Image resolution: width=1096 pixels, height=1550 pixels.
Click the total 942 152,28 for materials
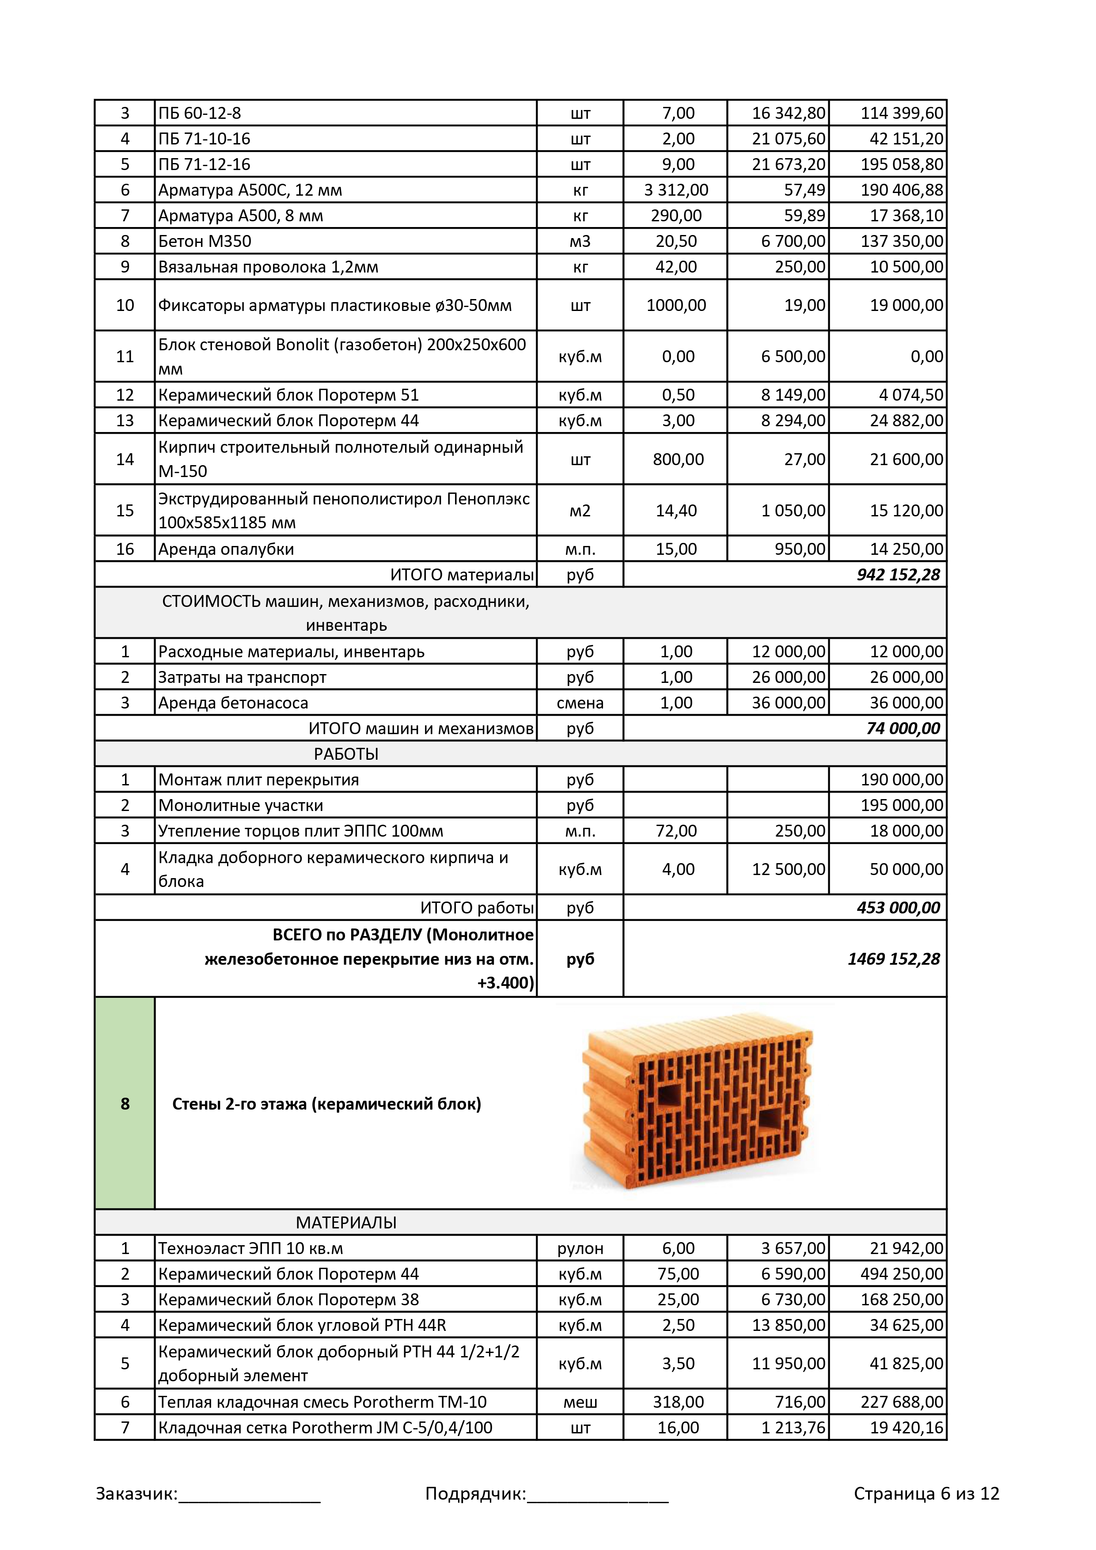(898, 575)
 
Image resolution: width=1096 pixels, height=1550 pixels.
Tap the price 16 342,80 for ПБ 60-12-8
(788, 113)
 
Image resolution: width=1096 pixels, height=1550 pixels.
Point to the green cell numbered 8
(125, 1103)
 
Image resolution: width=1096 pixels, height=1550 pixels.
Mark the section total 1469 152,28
(893, 959)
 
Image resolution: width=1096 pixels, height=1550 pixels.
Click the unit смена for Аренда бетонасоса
(580, 703)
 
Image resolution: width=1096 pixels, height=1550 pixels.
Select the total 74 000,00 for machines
(903, 728)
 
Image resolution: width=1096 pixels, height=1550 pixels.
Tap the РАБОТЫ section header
(346, 754)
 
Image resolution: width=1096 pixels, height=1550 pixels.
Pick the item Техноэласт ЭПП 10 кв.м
(250, 1248)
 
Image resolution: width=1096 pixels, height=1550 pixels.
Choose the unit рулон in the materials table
(580, 1248)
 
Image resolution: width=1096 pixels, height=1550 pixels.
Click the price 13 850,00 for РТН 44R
(788, 1325)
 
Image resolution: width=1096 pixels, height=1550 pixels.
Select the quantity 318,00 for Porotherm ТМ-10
(678, 1402)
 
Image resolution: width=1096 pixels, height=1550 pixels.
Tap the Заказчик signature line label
(137, 1494)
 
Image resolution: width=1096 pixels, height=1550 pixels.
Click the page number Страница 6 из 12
(926, 1494)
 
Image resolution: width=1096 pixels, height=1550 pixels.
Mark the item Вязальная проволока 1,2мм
(268, 267)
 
